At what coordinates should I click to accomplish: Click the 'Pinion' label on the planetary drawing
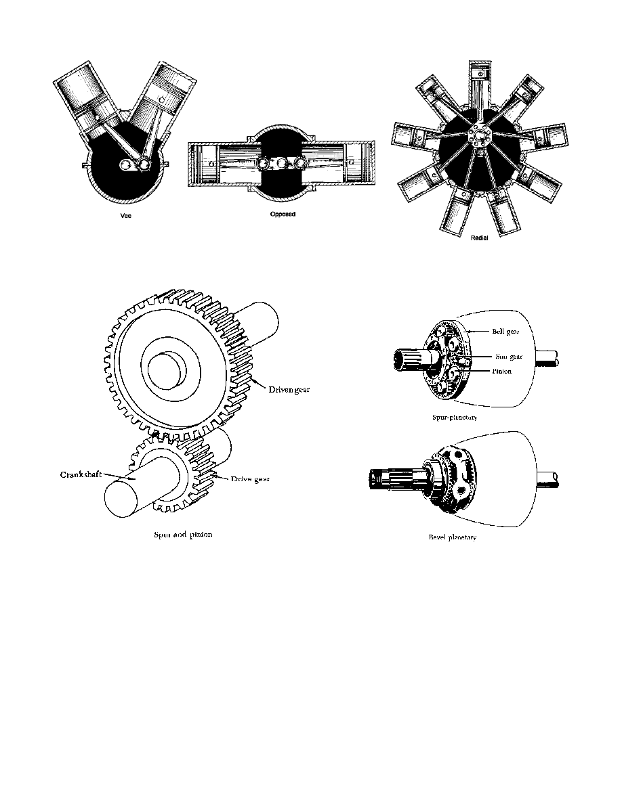(503, 371)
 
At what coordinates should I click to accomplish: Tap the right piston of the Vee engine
(163, 88)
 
